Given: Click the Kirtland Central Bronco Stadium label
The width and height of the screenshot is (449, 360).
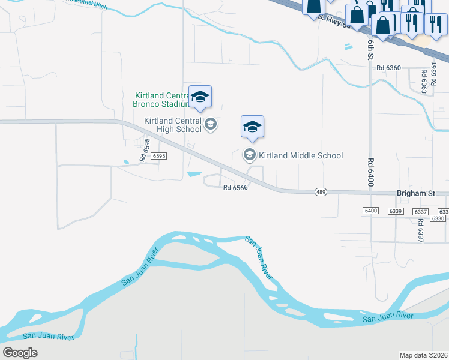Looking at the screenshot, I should pos(161,99).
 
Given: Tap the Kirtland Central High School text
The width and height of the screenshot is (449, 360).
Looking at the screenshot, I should pos(173,125).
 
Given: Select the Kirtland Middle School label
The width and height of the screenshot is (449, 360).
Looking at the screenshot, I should pos(301,155).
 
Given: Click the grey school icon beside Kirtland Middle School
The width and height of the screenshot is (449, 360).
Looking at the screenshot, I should pos(249,155).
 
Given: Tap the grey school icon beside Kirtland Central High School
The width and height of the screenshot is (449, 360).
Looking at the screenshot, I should pos(211,125).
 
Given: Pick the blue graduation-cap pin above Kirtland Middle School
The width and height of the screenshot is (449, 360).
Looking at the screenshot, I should pos(253,127).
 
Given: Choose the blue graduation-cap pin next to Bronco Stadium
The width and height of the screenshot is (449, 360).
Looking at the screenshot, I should pos(200,97).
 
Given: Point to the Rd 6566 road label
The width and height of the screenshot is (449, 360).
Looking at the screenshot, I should pos(235,187).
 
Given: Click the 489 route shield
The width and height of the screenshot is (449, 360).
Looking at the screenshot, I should pos(321,192).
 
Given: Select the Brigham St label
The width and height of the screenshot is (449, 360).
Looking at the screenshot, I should pos(415,194).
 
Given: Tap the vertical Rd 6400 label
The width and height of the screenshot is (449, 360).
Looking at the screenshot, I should pos(370,171).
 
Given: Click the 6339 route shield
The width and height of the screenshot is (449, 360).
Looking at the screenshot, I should pos(395,211).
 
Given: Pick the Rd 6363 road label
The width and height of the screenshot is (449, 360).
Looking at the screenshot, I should pos(424,82).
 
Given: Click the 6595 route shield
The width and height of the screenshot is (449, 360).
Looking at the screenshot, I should pos(159,155).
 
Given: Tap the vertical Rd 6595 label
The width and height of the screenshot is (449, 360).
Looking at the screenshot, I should pos(144,149).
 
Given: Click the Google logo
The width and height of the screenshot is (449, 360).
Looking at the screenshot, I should pos(20,352).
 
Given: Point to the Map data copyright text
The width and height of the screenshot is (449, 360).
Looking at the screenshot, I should pos(424,355).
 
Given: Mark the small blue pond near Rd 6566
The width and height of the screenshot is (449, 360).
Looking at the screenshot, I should pos(194,174).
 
